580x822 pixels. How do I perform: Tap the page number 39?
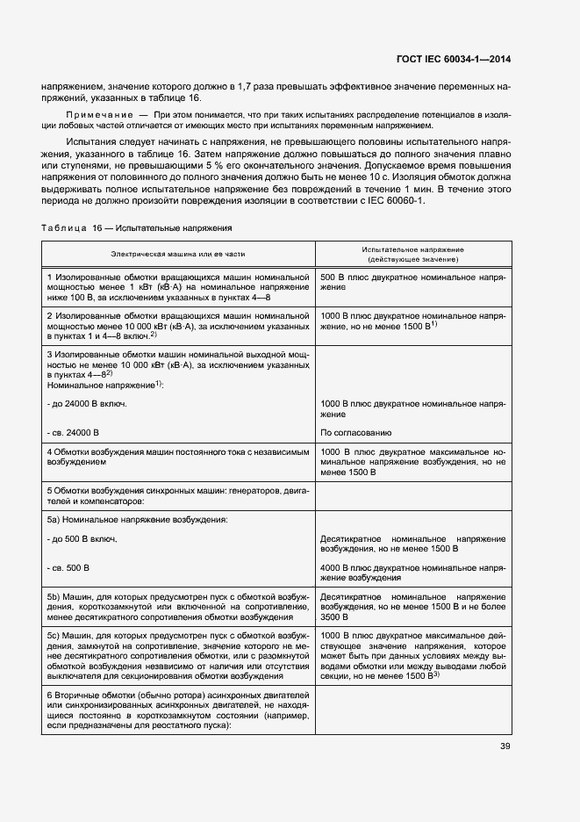[x=505, y=747]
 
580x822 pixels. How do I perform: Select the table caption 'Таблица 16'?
[x=73, y=228]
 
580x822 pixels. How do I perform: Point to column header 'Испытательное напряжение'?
[x=412, y=249]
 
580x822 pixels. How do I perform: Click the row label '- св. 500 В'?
[x=69, y=567]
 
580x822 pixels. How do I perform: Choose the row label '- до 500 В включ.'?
[x=82, y=537]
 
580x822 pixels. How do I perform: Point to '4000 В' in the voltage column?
[x=338, y=567]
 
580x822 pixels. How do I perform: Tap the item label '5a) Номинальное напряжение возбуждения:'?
[x=137, y=520]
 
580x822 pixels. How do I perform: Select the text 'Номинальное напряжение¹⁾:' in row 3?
[x=106, y=385]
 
